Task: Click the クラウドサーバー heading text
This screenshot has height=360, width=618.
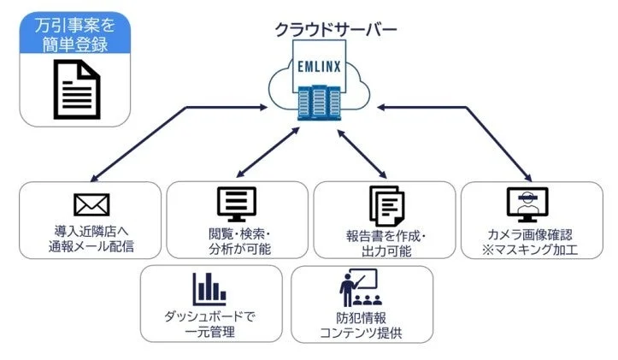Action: (x=334, y=29)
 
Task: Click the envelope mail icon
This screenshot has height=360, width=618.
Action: (x=91, y=204)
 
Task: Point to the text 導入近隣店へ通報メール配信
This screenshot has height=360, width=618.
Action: (x=91, y=239)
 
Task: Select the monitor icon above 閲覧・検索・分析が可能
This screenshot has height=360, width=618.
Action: (x=237, y=204)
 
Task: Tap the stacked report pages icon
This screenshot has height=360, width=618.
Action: (x=385, y=206)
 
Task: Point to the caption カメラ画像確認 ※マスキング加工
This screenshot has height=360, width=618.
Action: (x=530, y=241)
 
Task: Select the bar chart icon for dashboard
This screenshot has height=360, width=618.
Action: (x=209, y=288)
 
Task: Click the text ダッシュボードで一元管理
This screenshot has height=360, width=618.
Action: (x=209, y=324)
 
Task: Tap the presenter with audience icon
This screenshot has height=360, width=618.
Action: (x=358, y=288)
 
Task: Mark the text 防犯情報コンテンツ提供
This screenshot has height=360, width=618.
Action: (x=359, y=324)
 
